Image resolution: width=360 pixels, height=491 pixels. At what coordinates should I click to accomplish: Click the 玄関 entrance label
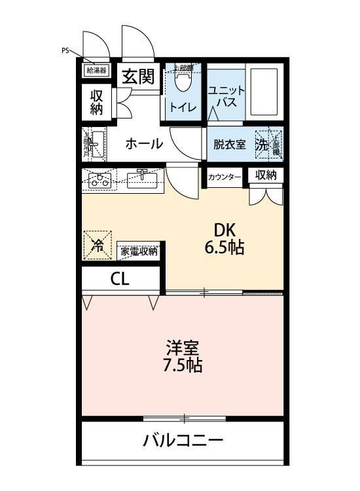pos(138,77)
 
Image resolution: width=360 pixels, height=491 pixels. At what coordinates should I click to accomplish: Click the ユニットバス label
pos(226,97)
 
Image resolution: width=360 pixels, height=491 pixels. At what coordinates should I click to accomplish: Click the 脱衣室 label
pos(229,145)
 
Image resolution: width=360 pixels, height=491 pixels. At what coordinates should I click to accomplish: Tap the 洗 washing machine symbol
pos(262,145)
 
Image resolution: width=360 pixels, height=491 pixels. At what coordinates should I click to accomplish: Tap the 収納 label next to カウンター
pos(266,175)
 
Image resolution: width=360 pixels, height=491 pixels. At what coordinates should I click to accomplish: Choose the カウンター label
pos(225,177)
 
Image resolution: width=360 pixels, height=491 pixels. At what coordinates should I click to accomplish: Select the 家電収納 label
pos(139,251)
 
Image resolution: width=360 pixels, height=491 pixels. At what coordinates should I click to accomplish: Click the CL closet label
pos(120,279)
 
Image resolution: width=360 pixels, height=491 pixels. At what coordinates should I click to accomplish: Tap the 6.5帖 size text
pos(224,249)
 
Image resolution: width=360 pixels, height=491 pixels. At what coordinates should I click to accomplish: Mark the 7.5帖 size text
pos(182,365)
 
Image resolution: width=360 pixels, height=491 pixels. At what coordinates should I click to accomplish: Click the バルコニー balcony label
pos(183,440)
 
